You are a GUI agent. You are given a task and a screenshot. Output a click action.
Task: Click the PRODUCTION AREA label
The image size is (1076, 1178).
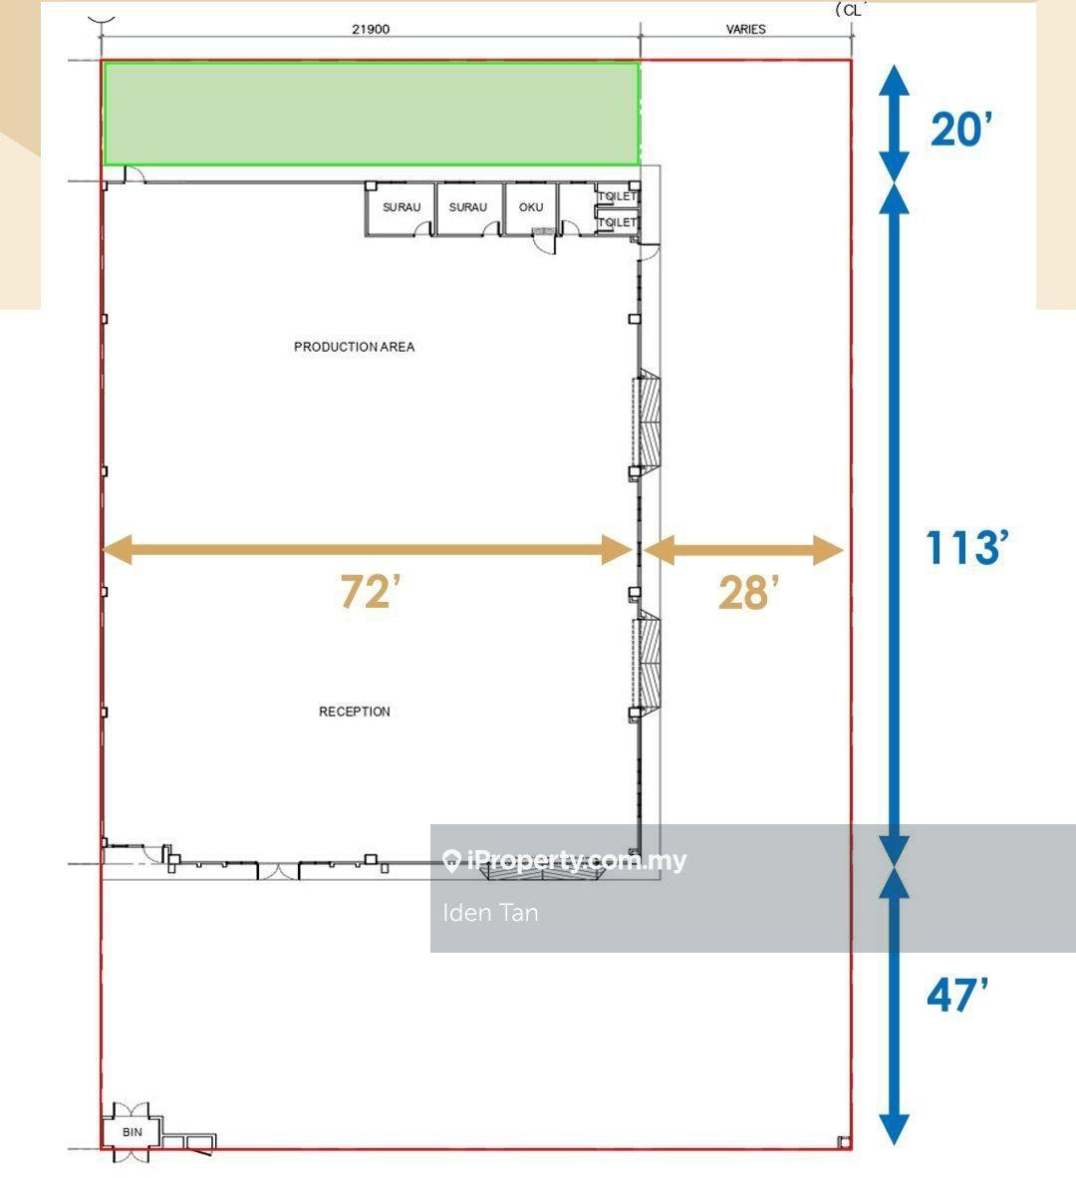(354, 347)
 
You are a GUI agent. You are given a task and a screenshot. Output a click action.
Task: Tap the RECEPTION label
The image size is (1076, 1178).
(355, 712)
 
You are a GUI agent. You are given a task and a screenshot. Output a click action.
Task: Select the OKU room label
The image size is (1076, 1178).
(531, 207)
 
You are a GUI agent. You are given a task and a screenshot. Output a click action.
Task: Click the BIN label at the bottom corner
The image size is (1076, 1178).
(133, 1132)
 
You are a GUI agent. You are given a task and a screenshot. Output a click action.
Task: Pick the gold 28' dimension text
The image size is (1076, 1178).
(748, 593)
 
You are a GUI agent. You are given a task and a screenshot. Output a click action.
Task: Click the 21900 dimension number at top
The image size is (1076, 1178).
(371, 29)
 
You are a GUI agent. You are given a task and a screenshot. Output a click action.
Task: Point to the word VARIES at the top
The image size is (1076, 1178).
(745, 29)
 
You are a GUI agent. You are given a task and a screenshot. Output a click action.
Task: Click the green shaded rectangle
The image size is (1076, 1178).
(372, 114)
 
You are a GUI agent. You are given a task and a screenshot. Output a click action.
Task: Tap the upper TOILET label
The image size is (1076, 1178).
(618, 196)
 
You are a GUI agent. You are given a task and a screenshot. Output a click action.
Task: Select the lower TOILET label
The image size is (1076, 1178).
(618, 222)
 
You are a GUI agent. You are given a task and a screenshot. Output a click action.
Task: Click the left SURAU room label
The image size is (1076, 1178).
(402, 207)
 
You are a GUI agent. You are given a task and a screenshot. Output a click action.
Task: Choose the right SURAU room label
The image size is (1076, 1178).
(468, 207)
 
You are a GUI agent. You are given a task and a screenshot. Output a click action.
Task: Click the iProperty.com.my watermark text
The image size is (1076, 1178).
(577, 860)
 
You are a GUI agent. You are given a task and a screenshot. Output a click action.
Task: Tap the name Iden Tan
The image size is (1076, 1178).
(490, 913)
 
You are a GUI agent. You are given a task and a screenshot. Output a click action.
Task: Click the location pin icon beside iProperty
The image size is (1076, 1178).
(451, 861)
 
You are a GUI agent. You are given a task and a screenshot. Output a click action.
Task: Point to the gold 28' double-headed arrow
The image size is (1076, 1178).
(743, 550)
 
